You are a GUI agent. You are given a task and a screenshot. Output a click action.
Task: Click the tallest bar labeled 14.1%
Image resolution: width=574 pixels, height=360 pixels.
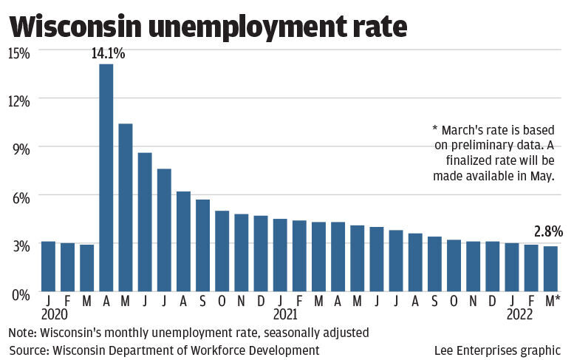(x=106, y=177)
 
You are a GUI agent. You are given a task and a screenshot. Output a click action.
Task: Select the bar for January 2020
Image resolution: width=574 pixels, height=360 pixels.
(x=48, y=266)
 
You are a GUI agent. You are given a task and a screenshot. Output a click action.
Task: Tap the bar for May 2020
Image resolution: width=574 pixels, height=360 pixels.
(x=126, y=207)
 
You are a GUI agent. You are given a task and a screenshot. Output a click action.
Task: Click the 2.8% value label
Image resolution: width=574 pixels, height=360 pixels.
(x=547, y=231)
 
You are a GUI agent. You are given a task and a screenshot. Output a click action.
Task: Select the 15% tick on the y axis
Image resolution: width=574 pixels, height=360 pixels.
(x=18, y=53)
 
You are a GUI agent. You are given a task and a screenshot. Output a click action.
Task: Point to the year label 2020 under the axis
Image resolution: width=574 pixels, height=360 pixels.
(x=55, y=313)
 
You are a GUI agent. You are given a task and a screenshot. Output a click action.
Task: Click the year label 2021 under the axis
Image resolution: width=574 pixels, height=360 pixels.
(x=285, y=313)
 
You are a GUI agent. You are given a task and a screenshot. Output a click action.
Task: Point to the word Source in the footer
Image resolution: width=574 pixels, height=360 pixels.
(x=28, y=350)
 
